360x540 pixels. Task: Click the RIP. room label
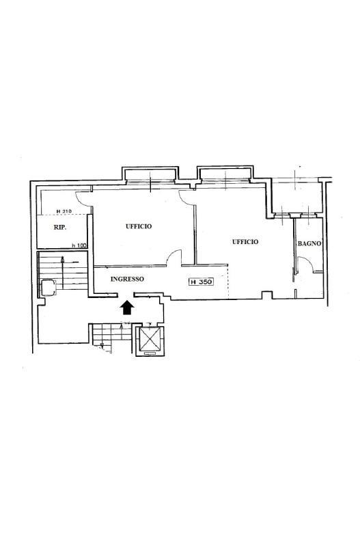pyautogui.click(x=61, y=228)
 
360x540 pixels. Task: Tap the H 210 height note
pyautogui.click(x=64, y=211)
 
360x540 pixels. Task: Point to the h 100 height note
pyautogui.click(x=79, y=245)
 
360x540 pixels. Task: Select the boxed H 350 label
pyautogui.click(x=201, y=282)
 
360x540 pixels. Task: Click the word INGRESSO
pyautogui.click(x=127, y=279)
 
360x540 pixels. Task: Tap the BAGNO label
pyautogui.click(x=309, y=243)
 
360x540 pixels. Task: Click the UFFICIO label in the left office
pyautogui.click(x=139, y=226)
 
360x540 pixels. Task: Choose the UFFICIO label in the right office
pyautogui.click(x=245, y=242)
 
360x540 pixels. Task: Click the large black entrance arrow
pyautogui.click(x=127, y=307)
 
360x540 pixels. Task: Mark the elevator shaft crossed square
pyautogui.click(x=150, y=339)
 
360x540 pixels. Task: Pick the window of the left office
pyautogui.click(x=150, y=180)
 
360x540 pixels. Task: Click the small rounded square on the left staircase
pyautogui.click(x=49, y=288)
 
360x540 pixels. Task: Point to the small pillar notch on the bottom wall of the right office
pyautogui.click(x=267, y=295)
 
